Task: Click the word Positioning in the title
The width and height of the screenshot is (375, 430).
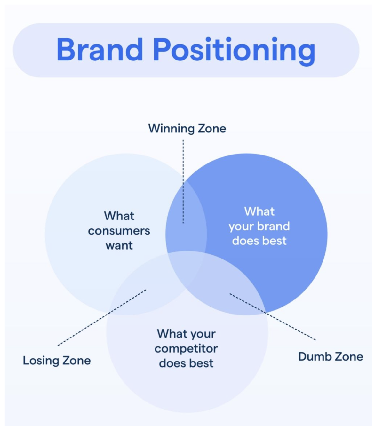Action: click(x=234, y=51)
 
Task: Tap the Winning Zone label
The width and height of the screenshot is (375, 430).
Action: click(x=187, y=129)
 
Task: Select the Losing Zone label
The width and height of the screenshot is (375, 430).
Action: click(x=57, y=361)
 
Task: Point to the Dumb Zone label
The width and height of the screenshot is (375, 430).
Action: click(x=331, y=357)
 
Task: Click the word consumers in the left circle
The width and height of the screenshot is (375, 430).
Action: click(x=119, y=231)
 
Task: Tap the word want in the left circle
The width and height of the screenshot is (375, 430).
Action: click(x=119, y=245)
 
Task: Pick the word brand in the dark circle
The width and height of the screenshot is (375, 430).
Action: click(x=274, y=226)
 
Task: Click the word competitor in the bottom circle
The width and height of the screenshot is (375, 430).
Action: click(x=186, y=348)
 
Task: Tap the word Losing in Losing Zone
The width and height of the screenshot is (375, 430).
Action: click(x=41, y=361)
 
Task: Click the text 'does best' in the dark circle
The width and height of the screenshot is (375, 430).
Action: click(x=259, y=241)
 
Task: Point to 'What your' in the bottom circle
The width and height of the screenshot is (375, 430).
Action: click(x=186, y=334)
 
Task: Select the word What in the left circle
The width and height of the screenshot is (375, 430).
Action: click(x=119, y=216)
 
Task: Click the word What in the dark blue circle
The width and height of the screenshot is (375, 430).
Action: click(x=259, y=211)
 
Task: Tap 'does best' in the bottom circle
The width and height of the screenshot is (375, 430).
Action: click(x=186, y=363)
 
